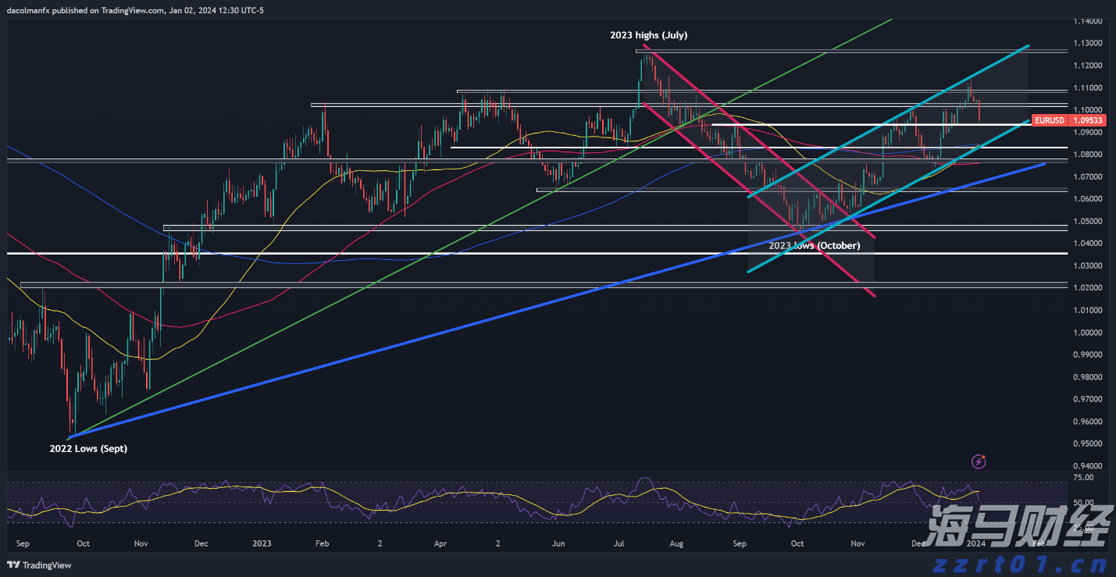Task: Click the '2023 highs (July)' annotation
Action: (648, 35)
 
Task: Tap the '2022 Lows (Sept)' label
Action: (89, 448)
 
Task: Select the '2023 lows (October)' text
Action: (815, 245)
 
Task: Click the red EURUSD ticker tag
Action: (1048, 120)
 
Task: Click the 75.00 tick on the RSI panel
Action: (1083, 477)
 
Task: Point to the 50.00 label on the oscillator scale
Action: (1083, 503)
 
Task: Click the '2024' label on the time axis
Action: (976, 543)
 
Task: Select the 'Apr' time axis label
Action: (440, 543)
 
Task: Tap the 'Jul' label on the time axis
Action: (619, 543)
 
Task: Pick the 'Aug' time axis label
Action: (677, 543)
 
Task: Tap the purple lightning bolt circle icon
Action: (978, 461)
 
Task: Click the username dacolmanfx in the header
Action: (30, 8)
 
